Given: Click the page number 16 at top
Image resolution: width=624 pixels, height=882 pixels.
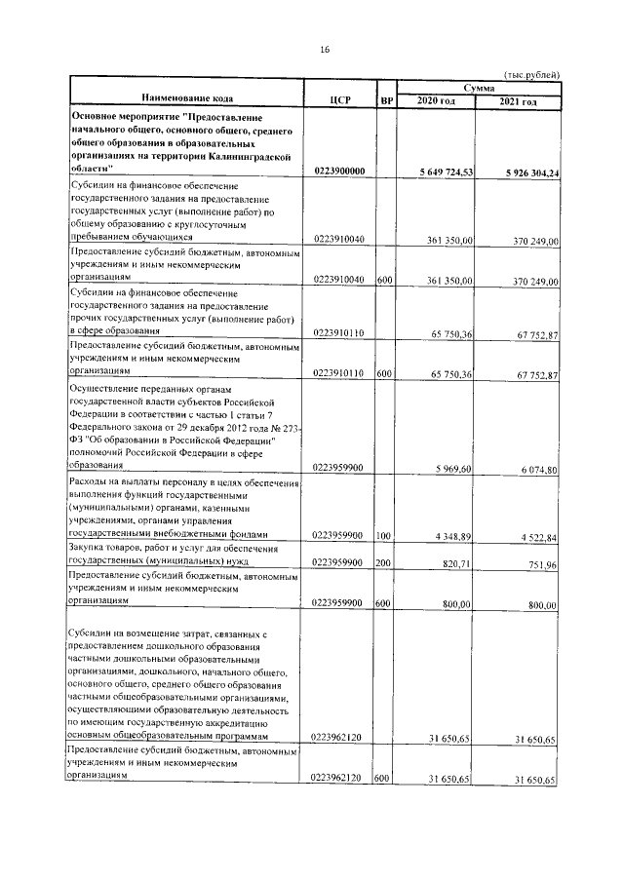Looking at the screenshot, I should pos(325,49).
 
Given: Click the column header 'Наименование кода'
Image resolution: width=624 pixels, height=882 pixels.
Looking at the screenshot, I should pos(186,100).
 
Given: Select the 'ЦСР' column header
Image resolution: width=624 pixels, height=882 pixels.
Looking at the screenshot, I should pos(340,100).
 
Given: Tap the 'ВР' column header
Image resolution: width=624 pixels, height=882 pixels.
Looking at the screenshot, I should pos(385,100).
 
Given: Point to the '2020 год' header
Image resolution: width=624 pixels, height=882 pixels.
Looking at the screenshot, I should pos(436,101).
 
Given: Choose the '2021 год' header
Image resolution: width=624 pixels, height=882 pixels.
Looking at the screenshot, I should pos(518,101).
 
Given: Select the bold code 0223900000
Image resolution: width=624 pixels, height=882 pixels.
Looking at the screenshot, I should pos(340,172).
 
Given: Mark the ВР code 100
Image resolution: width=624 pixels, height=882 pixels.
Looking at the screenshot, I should pos(383,535).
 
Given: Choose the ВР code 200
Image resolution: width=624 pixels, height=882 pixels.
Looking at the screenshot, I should pos(383,562).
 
